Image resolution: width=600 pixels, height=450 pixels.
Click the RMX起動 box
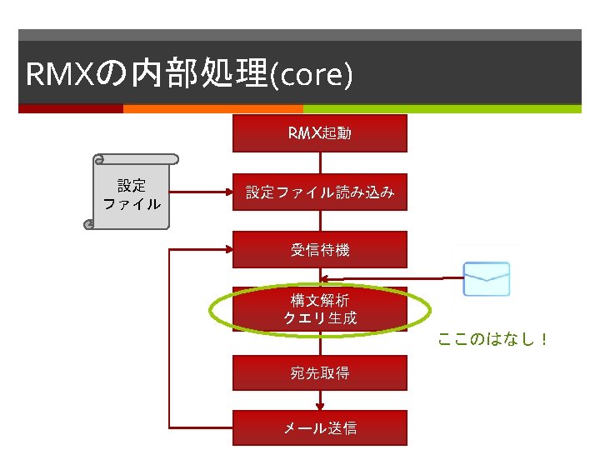(319, 133)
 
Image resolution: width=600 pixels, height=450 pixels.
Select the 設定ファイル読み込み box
(319, 192)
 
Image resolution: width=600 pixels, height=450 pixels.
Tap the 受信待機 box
(319, 249)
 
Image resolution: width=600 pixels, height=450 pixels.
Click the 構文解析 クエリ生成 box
(319, 308)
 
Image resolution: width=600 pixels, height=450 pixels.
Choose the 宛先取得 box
(319, 372)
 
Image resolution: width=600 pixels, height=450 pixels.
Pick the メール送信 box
(319, 427)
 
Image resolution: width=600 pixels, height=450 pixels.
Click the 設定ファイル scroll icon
(132, 192)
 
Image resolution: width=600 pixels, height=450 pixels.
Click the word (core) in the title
(317, 75)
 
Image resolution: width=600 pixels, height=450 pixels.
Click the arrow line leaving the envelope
(392, 278)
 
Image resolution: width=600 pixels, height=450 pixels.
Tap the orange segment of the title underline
(212, 108)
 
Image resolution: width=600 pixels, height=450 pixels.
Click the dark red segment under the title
(71, 108)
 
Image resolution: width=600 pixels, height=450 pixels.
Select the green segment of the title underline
(442, 108)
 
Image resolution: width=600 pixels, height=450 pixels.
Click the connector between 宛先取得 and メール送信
(319, 400)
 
